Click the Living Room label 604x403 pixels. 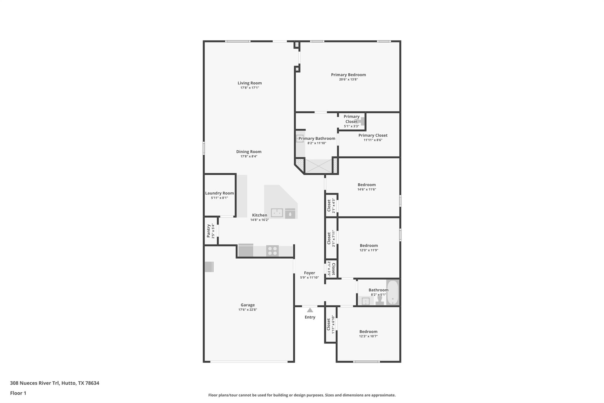pyautogui.click(x=250, y=83)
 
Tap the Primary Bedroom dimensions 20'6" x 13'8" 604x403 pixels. pyautogui.click(x=348, y=79)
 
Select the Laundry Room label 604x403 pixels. pyautogui.click(x=219, y=193)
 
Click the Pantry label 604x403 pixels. pyautogui.click(x=209, y=231)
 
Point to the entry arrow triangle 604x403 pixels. pyautogui.click(x=310, y=310)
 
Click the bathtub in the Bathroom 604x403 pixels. pyautogui.click(x=393, y=292)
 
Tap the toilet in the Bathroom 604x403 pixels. pyautogui.click(x=380, y=301)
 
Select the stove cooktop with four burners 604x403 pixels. pyautogui.click(x=272, y=251)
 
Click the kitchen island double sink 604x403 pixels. pyautogui.click(x=277, y=213)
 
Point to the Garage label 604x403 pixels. pyautogui.click(x=247, y=305)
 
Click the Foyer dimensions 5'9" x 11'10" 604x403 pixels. pyautogui.click(x=309, y=278)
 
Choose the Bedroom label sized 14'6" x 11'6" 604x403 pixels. pyautogui.click(x=367, y=185)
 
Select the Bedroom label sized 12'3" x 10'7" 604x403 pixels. pyautogui.click(x=368, y=332)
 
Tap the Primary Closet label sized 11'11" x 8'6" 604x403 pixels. pyautogui.click(x=373, y=136)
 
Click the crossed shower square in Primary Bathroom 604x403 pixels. pyautogui.click(x=319, y=166)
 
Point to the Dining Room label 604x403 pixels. pyautogui.click(x=249, y=152)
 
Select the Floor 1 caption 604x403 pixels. pyautogui.click(x=18, y=393)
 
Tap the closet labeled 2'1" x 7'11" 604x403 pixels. pyautogui.click(x=331, y=238)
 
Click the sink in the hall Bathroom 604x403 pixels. pyautogui.click(x=366, y=301)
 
